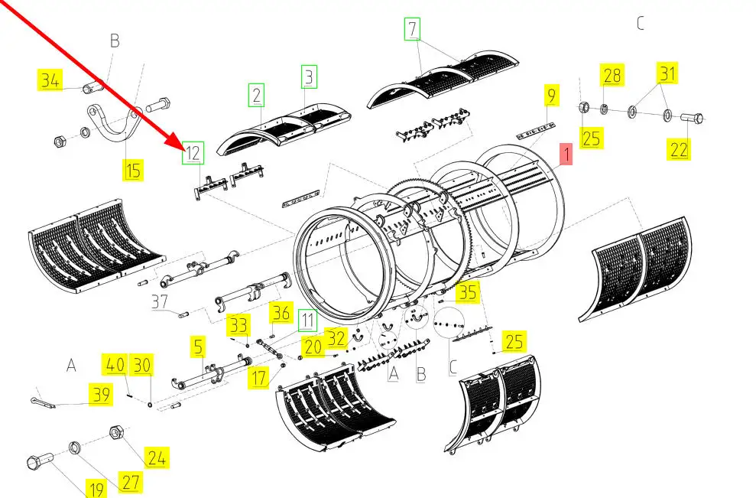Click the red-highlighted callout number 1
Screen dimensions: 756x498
566,154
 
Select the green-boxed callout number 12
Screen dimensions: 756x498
193,153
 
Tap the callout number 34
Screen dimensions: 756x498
50,80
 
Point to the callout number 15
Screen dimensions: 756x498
132,170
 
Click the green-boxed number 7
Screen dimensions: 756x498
412,29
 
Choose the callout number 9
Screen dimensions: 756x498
551,95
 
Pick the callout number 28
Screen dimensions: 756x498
612,75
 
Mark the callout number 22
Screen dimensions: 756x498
678,149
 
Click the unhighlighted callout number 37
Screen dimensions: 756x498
160,302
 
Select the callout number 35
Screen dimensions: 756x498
467,292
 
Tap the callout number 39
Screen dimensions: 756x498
101,395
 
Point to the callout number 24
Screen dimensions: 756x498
157,457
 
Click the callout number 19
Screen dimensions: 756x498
96,488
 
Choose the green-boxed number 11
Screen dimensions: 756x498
307,321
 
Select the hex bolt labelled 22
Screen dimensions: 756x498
692,117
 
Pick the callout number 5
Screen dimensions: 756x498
198,346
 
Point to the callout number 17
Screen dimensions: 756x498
258,377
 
